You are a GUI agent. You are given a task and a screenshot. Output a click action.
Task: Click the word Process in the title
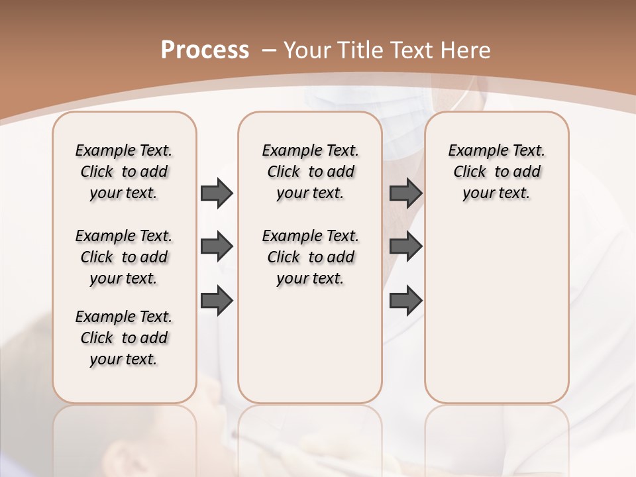click(x=205, y=50)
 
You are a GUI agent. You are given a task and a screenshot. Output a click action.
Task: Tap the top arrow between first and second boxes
click(x=217, y=193)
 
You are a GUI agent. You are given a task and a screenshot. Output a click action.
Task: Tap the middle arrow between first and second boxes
click(x=217, y=246)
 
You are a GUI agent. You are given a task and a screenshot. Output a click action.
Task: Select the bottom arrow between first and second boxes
click(x=217, y=301)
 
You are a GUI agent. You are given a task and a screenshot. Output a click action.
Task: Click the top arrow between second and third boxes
click(x=405, y=193)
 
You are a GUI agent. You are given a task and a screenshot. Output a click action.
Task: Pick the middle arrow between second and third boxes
click(x=405, y=246)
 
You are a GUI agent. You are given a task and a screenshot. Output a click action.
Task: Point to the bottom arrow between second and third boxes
click(x=405, y=301)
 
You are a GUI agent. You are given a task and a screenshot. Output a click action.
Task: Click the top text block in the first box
click(x=124, y=172)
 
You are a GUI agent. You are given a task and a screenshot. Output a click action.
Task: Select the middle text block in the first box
click(x=124, y=257)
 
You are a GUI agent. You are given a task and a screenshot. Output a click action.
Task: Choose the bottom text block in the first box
click(x=124, y=338)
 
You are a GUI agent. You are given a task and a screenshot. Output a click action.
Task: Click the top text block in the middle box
click(x=310, y=172)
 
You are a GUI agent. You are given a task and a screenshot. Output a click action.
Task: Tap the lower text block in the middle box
click(x=310, y=257)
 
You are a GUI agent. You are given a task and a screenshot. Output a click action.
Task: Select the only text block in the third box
click(x=496, y=172)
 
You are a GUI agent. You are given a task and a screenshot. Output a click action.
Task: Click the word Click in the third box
click(x=470, y=172)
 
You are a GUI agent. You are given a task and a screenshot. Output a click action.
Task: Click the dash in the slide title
click(x=269, y=50)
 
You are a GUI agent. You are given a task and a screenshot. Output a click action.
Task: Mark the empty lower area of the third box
click(x=496, y=311)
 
